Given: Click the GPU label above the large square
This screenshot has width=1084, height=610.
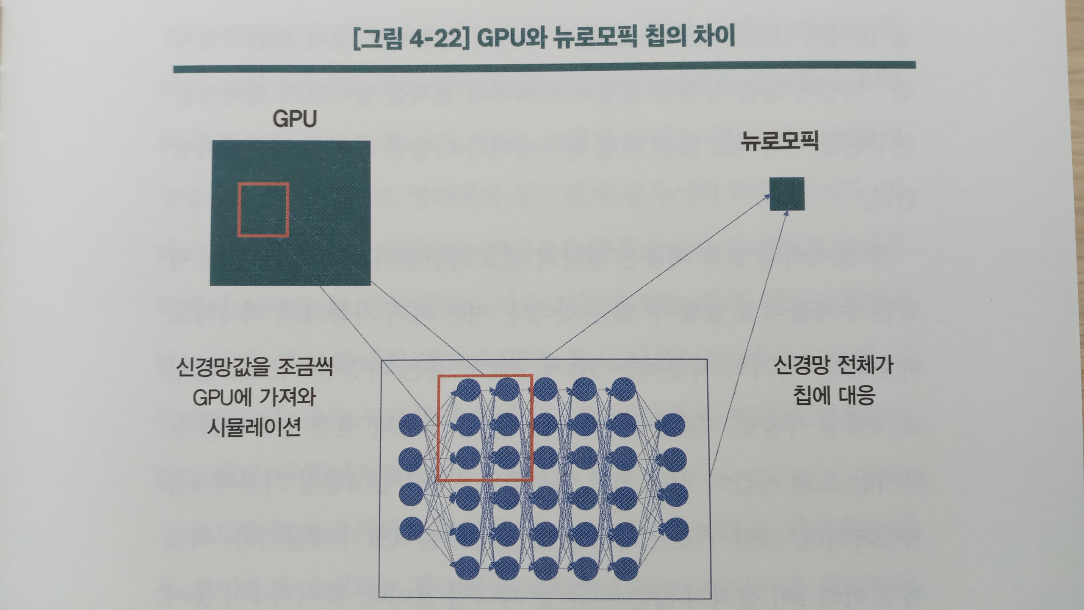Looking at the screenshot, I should coord(295,119).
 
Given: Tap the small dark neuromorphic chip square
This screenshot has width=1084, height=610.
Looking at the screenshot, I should coord(787,194).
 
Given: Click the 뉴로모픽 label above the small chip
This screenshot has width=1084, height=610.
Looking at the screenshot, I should coord(780,141).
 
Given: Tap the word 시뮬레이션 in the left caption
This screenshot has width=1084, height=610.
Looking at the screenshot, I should coord(254,427).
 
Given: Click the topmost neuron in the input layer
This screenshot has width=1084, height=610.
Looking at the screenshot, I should coord(412,425).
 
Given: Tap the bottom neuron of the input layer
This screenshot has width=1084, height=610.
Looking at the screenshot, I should coord(412,528).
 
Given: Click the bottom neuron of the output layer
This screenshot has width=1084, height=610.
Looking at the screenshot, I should coord(674,530).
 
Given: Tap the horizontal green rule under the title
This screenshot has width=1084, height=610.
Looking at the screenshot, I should coord(544,67).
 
